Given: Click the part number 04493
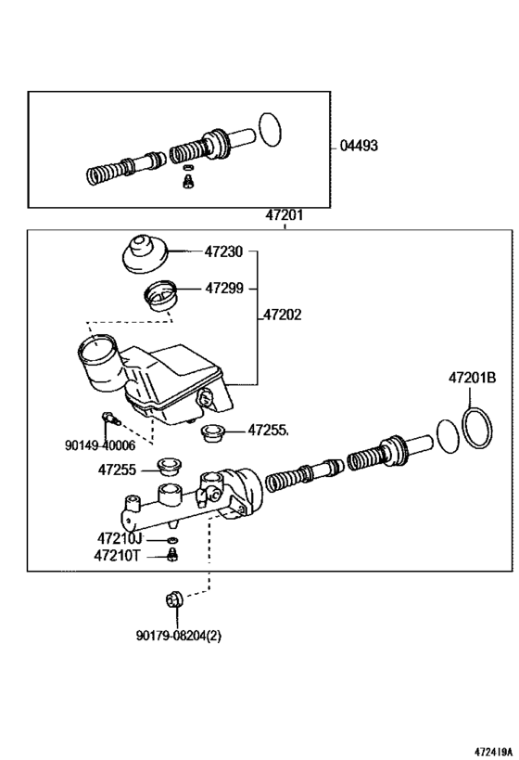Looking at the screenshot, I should [x=359, y=146].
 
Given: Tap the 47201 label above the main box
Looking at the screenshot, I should [x=285, y=215].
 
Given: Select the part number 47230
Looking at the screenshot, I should [x=223, y=251].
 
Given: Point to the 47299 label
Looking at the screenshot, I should [x=223, y=289].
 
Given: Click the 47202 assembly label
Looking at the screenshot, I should [x=282, y=316].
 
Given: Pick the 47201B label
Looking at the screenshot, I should [x=473, y=404].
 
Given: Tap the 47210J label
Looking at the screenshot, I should [x=119, y=538].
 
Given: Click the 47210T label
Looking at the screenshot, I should [x=118, y=556].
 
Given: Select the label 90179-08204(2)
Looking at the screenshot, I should [x=179, y=636].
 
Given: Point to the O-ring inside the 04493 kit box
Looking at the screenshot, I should [x=269, y=128].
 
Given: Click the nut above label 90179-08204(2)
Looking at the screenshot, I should [x=173, y=601].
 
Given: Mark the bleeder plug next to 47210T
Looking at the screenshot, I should [x=171, y=557].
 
